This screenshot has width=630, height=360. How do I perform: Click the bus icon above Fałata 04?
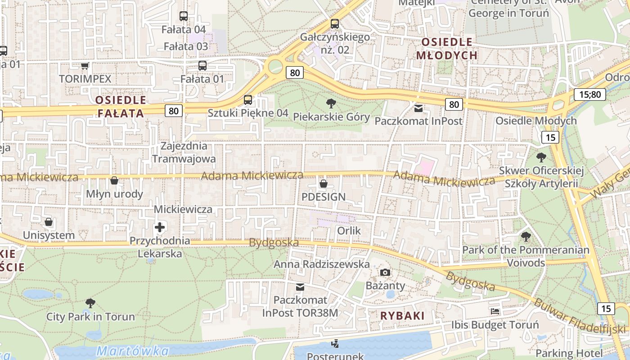coord(184,16)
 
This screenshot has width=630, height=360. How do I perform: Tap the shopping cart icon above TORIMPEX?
coord(85,66)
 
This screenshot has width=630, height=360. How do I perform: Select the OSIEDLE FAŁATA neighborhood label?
coord(121,107)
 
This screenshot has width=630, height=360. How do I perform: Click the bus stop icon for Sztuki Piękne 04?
coord(248,100)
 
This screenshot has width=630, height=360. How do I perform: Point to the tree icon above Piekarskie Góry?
coord(331,103)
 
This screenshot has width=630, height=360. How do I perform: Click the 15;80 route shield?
coord(589,94)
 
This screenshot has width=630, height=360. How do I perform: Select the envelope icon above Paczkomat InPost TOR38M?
coord(300,287)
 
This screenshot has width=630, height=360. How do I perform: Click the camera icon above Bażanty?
coord(385,272)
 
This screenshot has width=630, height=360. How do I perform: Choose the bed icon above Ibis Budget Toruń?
coord(495,311)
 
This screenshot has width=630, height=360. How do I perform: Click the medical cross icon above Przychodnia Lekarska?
coord(160,227)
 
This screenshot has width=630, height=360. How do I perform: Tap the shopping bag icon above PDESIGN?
coord(323,184)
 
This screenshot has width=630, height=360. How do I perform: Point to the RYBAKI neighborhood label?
coord(402,316)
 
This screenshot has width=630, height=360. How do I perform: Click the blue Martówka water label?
coord(133,351)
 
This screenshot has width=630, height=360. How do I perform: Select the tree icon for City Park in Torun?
coord(90,303)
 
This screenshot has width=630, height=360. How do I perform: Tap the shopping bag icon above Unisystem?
coord(49,222)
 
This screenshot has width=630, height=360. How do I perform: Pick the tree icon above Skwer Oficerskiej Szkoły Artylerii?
coord(541,157)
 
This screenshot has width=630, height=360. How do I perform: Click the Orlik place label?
coord(349,231)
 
